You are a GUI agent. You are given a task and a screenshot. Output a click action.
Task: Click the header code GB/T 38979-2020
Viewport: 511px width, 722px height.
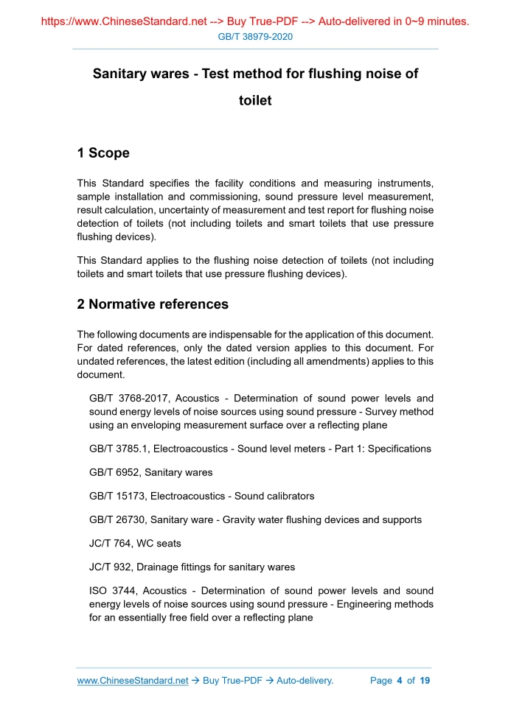[255, 36]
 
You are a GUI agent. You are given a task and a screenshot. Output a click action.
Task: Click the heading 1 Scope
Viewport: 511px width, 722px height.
[103, 153]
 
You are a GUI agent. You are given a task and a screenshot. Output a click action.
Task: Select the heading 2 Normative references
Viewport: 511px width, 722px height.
[153, 304]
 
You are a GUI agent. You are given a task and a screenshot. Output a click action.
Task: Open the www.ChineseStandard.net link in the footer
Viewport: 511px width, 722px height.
[133, 681]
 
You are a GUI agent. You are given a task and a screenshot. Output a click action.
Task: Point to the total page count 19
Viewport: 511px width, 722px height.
[425, 681]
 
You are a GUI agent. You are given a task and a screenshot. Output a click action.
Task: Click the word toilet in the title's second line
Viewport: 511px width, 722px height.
[255, 101]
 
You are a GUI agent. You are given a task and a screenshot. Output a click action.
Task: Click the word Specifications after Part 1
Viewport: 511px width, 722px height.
[398, 449]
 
